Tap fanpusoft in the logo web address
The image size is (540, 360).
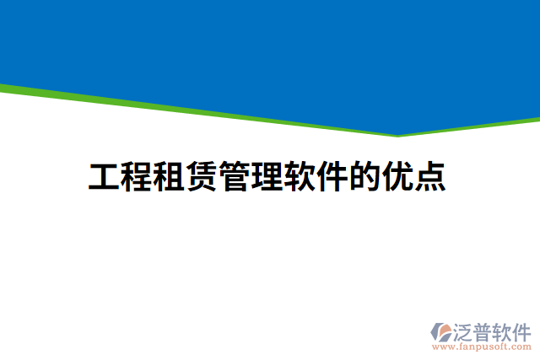click(x=483, y=347)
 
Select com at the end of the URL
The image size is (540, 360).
click(x=521, y=347)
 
